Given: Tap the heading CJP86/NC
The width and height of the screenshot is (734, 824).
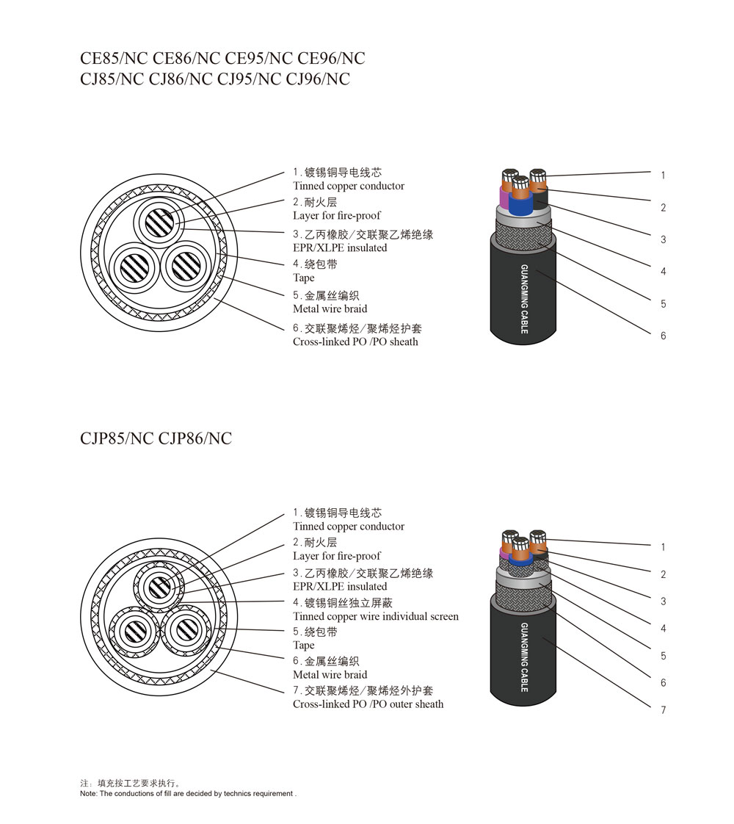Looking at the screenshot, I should [x=195, y=439].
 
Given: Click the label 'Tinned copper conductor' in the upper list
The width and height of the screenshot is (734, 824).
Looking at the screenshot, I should [x=348, y=187].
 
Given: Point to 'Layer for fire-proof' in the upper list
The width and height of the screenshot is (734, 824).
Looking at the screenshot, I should [x=337, y=216].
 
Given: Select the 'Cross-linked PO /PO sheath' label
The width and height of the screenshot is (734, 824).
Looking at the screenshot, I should [x=355, y=341].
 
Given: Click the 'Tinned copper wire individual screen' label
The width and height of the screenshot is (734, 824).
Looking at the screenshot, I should [x=375, y=616].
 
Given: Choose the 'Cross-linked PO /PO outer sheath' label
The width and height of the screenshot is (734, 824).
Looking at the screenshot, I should [x=368, y=704].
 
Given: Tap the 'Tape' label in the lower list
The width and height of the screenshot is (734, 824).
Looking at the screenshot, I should [x=303, y=646].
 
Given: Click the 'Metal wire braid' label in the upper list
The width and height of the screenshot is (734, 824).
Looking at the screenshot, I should [x=330, y=309].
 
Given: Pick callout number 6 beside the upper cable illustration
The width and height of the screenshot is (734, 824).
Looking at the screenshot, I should [x=663, y=336].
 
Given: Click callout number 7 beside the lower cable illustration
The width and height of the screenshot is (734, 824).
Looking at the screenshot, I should [x=663, y=710].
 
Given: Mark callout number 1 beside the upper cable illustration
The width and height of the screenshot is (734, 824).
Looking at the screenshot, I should [x=663, y=176].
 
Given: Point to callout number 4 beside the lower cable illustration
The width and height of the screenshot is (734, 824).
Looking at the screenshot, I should [x=663, y=629].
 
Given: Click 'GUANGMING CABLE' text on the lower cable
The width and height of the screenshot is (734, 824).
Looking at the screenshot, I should [x=524, y=657].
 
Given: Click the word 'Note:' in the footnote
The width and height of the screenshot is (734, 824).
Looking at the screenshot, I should [x=88, y=794].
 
